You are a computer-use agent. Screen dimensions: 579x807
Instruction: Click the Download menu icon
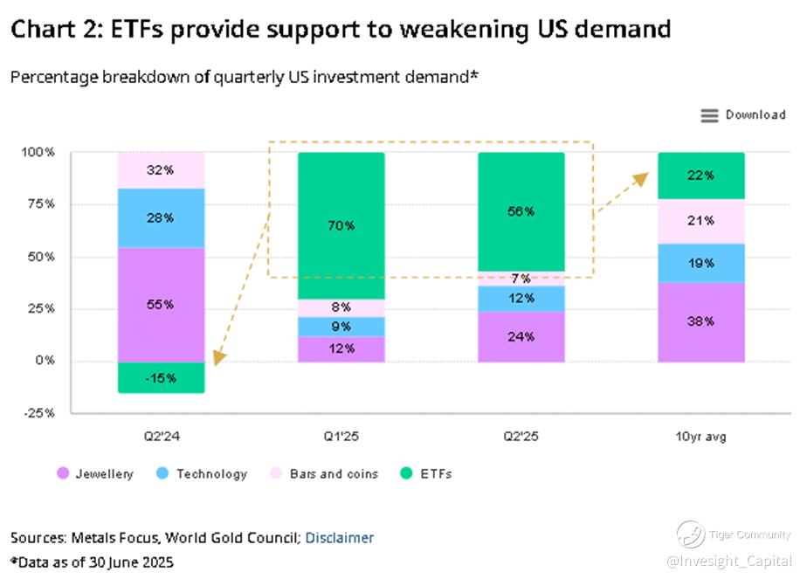point(709,115)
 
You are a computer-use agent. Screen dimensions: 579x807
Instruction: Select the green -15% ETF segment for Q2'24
point(162,377)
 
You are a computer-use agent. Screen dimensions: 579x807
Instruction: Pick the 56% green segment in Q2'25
point(521,211)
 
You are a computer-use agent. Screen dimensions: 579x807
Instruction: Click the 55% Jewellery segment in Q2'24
point(162,304)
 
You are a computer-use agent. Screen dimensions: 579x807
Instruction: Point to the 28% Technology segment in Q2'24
point(162,217)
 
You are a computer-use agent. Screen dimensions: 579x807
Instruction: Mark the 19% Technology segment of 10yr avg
point(701,263)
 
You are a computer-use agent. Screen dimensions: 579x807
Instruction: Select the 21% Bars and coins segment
point(701,220)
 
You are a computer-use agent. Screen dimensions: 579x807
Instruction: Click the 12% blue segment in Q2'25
point(521,298)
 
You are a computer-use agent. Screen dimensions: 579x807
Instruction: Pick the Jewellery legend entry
point(95,474)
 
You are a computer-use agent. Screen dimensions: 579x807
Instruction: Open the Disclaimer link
point(339,538)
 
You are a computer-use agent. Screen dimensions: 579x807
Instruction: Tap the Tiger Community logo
point(690,534)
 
